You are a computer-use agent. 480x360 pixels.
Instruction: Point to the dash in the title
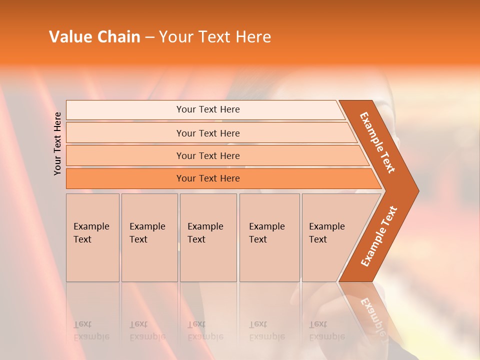coord(149,37)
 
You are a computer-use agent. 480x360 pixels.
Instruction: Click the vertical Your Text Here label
coord(57,143)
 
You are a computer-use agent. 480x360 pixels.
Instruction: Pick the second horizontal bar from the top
coord(208,133)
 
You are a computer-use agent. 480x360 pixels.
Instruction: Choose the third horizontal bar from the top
coord(208,155)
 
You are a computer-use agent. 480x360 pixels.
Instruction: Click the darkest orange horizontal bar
coord(208,178)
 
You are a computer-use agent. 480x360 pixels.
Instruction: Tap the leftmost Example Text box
coord(92,237)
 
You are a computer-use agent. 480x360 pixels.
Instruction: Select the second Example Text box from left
coord(149,237)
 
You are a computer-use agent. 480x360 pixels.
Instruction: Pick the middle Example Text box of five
coord(208,237)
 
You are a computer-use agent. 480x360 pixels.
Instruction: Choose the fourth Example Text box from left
coord(269,237)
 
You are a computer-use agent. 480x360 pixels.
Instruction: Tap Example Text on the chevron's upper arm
coord(377,142)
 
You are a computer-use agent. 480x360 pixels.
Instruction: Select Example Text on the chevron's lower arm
coord(378,236)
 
